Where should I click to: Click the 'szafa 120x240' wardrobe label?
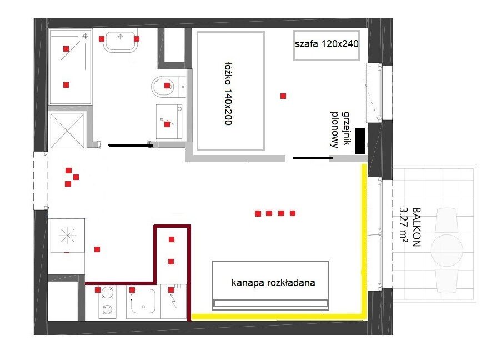click(x=327, y=44)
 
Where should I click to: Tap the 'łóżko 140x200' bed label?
click(x=228, y=93)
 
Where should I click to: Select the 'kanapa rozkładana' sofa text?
click(x=273, y=282)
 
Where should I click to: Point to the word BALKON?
click(x=416, y=227)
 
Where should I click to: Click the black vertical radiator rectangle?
click(x=360, y=141)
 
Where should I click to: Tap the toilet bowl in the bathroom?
click(x=163, y=87)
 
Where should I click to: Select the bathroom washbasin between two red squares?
click(x=121, y=41)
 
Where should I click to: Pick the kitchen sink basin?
click(x=143, y=301)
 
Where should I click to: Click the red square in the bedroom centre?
click(x=283, y=96)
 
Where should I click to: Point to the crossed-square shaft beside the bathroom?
click(x=67, y=130)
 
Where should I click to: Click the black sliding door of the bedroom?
click(x=313, y=158)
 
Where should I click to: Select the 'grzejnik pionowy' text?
click(x=340, y=129)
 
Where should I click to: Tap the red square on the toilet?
click(x=167, y=86)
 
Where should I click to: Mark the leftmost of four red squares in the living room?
click(x=258, y=214)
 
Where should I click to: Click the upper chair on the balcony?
click(x=446, y=220)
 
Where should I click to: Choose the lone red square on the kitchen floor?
click(x=97, y=249)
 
